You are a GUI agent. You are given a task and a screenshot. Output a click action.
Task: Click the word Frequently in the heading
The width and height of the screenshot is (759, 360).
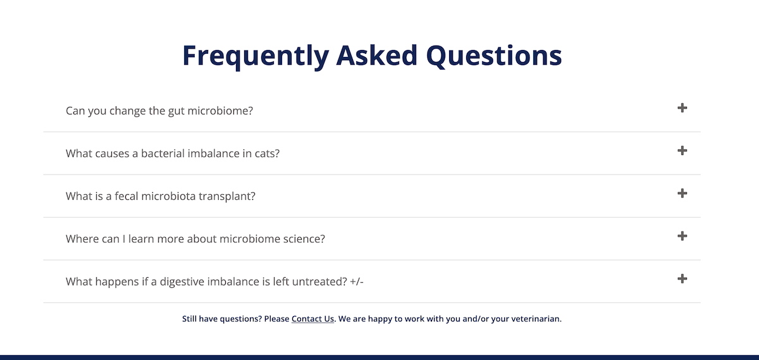coord(256,56)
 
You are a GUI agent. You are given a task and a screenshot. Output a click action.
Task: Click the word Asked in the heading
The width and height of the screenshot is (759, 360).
coord(377,55)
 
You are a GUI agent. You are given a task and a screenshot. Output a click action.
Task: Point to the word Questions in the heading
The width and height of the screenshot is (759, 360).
coord(494,56)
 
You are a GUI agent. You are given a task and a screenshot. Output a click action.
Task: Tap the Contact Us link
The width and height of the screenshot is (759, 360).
coord(312,319)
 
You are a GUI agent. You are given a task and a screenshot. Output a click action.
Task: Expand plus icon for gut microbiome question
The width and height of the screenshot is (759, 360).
coord(682,108)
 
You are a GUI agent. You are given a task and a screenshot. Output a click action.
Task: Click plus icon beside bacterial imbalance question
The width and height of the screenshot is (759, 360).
coord(682,151)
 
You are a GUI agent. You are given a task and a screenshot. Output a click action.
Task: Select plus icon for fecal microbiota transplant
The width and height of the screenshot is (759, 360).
coord(682,194)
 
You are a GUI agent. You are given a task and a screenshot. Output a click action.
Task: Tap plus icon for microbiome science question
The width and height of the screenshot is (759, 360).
coord(682,236)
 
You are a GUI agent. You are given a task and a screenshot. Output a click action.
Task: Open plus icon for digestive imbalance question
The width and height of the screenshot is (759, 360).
coord(682,279)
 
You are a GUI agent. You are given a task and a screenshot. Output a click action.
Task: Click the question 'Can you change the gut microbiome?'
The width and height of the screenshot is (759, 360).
coord(159,111)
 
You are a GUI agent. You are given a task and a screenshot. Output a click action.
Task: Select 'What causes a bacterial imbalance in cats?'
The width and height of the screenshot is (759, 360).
coord(173,154)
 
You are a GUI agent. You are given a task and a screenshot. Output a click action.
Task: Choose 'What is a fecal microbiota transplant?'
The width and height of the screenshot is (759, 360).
coord(161,196)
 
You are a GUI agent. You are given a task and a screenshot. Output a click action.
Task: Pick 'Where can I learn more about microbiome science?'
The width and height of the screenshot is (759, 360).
coord(195,239)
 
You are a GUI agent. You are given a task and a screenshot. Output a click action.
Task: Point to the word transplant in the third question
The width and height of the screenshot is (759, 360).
coord(227,197)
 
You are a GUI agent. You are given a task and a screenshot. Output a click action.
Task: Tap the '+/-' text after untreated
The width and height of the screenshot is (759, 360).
coord(357,282)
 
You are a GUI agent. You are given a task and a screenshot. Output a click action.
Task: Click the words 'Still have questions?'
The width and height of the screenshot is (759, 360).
coord(222,319)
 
